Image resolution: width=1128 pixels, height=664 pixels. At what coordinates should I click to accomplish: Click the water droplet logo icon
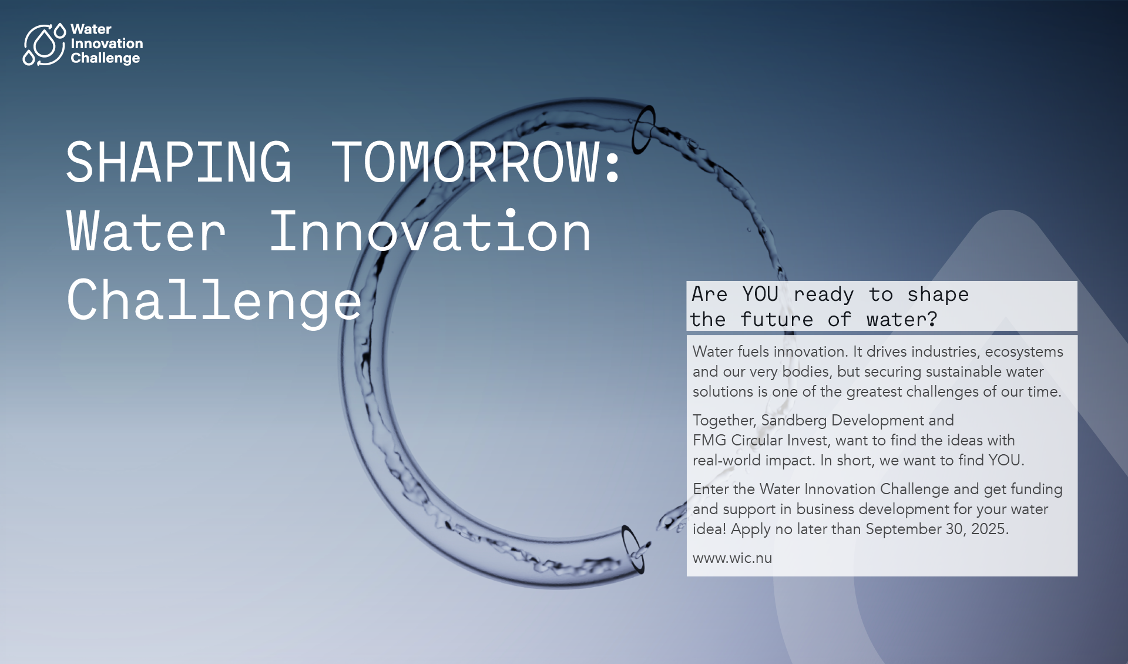tap(43, 44)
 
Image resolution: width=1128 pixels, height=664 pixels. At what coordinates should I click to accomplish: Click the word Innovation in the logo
tap(106, 43)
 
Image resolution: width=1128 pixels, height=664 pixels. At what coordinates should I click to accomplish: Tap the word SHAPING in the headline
tap(178, 163)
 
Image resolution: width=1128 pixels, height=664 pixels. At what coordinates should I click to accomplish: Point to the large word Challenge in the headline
tap(214, 301)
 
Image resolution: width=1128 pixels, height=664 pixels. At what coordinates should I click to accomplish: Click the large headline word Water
tap(146, 233)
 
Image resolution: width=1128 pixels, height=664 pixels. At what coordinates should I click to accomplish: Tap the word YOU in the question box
tap(760, 294)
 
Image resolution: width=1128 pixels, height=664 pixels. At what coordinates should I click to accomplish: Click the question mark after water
tap(932, 319)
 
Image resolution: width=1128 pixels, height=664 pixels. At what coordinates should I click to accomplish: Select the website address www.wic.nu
tap(732, 558)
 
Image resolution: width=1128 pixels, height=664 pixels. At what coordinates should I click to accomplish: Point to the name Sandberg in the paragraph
tap(793, 420)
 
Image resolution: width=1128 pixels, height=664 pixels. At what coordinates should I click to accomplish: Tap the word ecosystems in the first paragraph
tap(1023, 351)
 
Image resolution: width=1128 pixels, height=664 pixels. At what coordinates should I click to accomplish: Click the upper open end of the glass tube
tap(643, 129)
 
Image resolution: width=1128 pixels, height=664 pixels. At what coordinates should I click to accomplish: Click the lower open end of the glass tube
tap(633, 549)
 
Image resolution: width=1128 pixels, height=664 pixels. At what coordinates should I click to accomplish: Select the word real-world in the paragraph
tap(726, 460)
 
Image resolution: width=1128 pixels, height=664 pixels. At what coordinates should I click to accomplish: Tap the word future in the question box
tap(776, 319)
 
